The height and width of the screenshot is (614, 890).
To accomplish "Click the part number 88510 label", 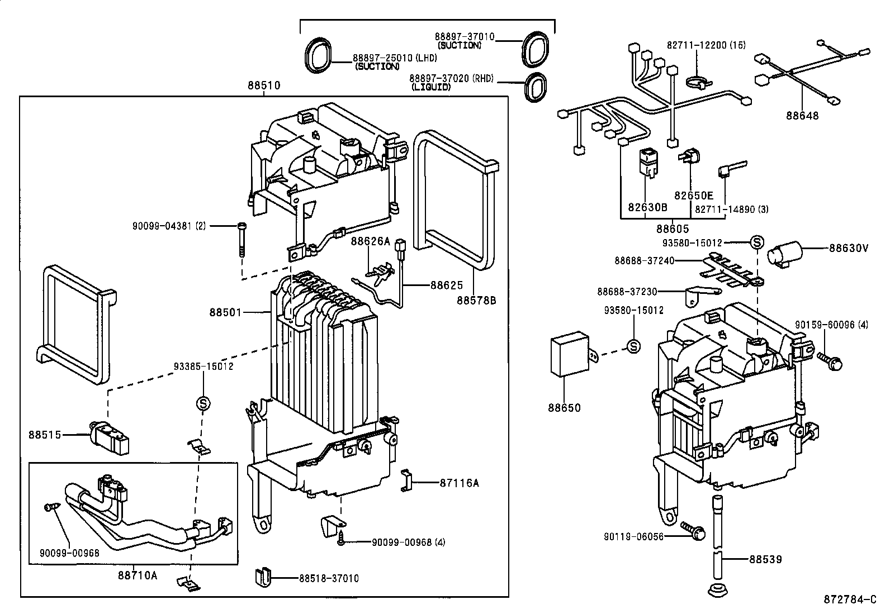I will point(264,85).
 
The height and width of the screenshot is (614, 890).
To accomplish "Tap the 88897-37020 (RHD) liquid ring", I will point(536,88).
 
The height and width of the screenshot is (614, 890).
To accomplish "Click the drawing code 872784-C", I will point(849,600).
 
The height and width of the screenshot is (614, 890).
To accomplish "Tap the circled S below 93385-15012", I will point(202,402).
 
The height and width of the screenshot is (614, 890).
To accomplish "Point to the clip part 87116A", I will point(406,481).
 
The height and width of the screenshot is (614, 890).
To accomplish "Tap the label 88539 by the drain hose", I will point(765,559).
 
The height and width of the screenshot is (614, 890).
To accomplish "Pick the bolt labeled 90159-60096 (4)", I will point(830,360).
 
